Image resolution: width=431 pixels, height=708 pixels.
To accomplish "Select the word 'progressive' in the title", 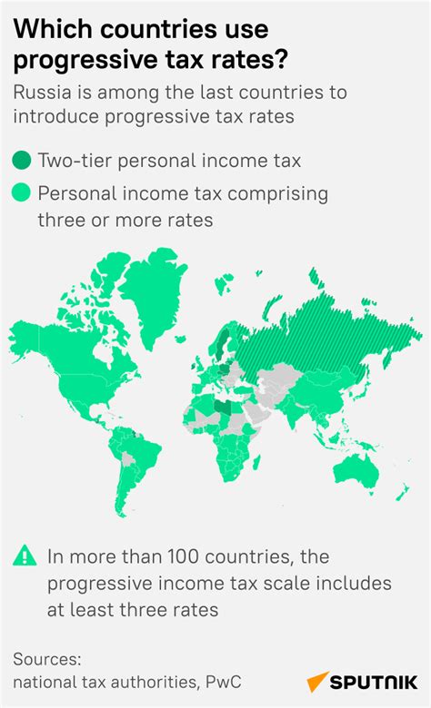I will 75,59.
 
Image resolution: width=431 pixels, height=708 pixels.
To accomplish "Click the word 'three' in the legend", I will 61,219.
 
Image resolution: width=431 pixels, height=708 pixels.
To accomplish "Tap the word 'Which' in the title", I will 50,29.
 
